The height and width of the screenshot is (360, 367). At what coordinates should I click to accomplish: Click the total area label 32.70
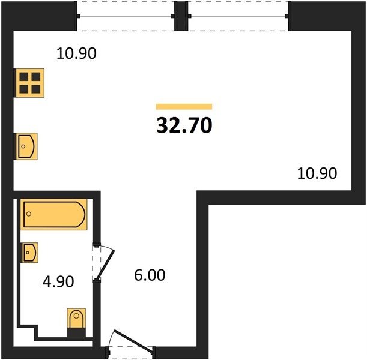[x=184, y=125]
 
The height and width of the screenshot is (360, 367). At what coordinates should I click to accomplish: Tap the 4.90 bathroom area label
[x=58, y=281]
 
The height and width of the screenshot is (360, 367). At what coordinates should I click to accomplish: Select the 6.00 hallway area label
[x=150, y=275]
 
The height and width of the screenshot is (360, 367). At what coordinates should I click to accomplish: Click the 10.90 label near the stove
[x=76, y=53]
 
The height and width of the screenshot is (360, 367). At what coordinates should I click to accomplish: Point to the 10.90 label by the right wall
[x=317, y=173]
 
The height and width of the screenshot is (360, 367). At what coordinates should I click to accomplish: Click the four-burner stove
[x=29, y=83]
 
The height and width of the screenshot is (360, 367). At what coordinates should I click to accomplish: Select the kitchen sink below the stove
[x=26, y=146]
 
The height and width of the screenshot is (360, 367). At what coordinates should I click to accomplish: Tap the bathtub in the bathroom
[x=54, y=214]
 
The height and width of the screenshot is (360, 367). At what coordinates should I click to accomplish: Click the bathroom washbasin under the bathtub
[x=30, y=253]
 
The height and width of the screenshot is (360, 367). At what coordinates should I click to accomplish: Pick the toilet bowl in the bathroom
[x=76, y=319]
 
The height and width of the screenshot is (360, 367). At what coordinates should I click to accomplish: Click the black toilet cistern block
[x=76, y=332]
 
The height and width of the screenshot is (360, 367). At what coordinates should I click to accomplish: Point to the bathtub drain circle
[x=29, y=214]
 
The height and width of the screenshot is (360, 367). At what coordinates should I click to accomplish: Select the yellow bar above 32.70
[x=184, y=107]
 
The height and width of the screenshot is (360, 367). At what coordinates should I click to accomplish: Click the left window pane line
[x=126, y=16]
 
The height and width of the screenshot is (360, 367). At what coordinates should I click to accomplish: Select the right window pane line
[x=238, y=16]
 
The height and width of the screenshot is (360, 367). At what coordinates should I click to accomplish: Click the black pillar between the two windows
[x=181, y=16]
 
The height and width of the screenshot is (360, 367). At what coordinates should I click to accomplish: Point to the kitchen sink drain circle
[x=23, y=146]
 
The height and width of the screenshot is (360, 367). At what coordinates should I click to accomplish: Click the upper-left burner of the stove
[x=24, y=77]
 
